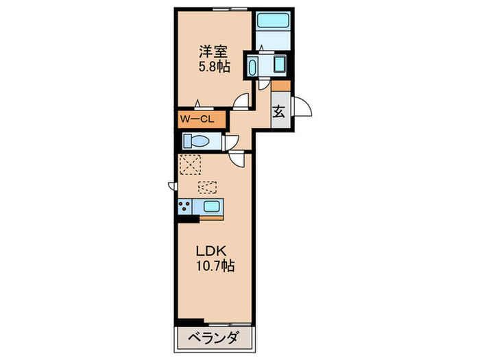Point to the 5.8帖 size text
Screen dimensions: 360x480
(x=213, y=67)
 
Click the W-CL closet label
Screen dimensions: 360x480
(x=198, y=119)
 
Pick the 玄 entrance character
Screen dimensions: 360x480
(x=280, y=112)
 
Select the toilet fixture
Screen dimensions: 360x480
(x=199, y=143)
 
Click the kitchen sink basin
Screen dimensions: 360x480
(x=211, y=206)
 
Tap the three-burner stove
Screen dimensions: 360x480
(x=185, y=206)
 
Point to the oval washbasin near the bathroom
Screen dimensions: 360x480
(x=252, y=67)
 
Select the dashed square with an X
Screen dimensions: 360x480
(x=189, y=165)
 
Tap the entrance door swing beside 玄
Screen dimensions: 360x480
(x=301, y=107)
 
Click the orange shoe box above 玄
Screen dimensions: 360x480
(x=280, y=86)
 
